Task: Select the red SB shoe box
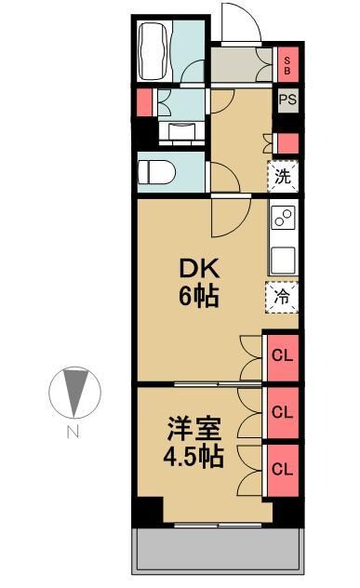click(x=287, y=64)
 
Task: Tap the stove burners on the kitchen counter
click(x=282, y=220)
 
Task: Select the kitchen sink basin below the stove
click(x=282, y=256)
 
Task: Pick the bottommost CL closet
click(x=282, y=469)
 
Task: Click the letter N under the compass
click(x=72, y=431)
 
